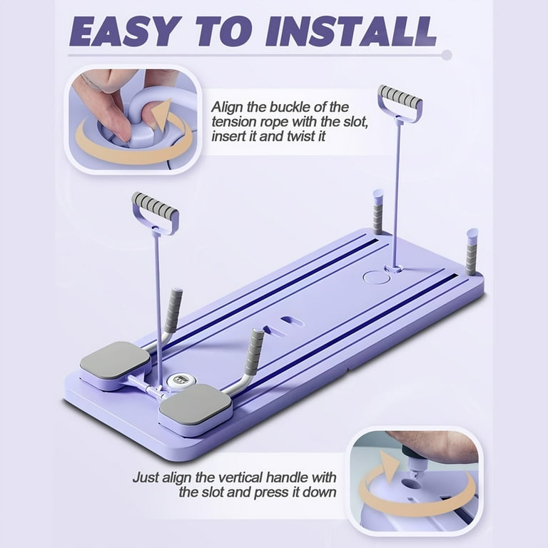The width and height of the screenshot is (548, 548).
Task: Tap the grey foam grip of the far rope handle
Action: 400,96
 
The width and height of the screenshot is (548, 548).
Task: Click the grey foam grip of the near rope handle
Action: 155,205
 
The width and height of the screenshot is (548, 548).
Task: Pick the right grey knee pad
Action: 197,405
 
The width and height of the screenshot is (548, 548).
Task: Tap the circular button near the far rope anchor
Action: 376,278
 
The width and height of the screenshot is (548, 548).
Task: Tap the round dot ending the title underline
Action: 447,55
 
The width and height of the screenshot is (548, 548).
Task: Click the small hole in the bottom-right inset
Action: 411,484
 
